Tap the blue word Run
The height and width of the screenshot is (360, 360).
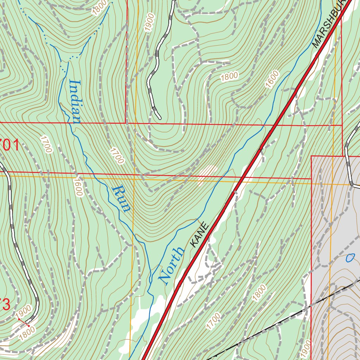(121, 199)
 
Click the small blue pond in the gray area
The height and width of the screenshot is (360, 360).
(350, 258)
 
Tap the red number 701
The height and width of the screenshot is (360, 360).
(9, 145)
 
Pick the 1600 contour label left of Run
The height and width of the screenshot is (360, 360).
(78, 187)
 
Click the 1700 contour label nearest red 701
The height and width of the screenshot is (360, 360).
(46, 144)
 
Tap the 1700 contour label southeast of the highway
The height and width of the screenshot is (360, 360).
(213, 321)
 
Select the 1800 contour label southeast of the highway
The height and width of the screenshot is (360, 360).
(259, 292)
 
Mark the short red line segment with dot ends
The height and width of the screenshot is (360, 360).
(24, 322)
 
